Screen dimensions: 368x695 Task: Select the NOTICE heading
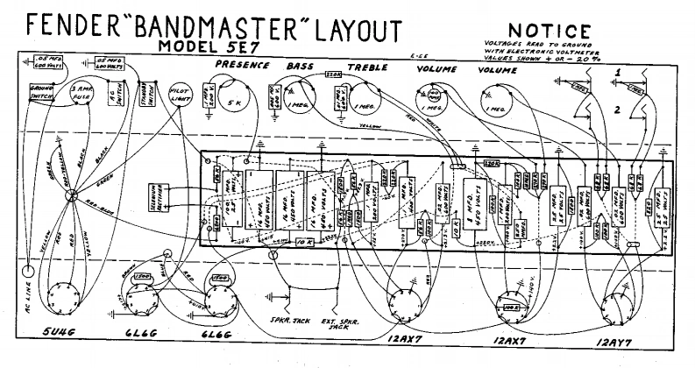(x=540, y=31)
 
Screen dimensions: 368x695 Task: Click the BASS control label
(x=299, y=66)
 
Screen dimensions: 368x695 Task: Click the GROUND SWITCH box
(x=42, y=93)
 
